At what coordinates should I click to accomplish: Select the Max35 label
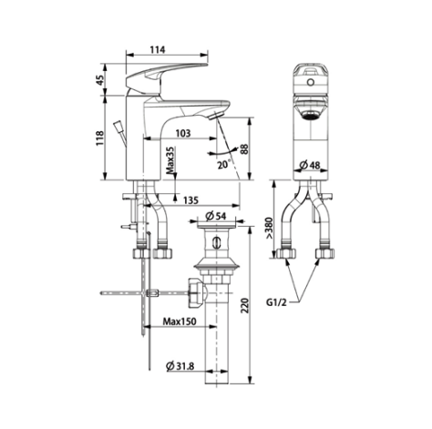170,164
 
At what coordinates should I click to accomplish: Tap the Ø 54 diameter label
216,216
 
